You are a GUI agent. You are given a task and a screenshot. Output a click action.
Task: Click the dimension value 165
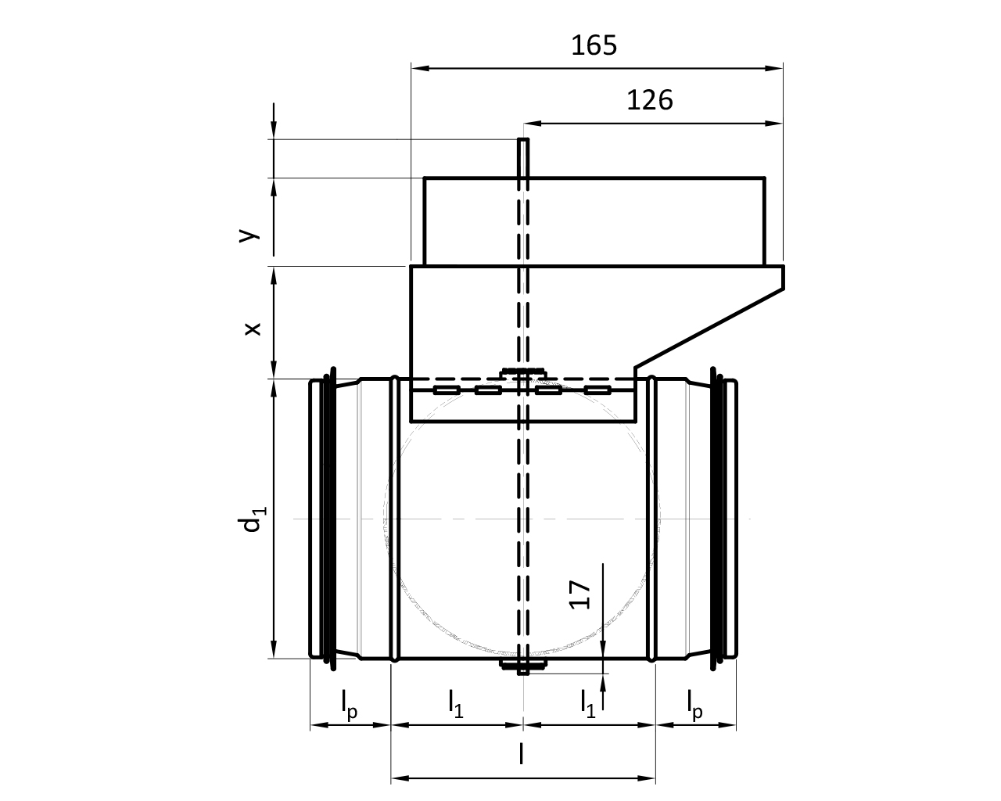pos(594,45)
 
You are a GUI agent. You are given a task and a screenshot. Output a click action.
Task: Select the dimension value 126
pos(649,100)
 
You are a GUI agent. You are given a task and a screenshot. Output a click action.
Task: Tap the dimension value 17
pos(579,594)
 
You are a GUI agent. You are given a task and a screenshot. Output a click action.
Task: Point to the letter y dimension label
pos(249,235)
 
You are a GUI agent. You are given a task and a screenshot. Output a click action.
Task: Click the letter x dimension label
pos(253,329)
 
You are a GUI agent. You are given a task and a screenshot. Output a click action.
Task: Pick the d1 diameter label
pos(251,519)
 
